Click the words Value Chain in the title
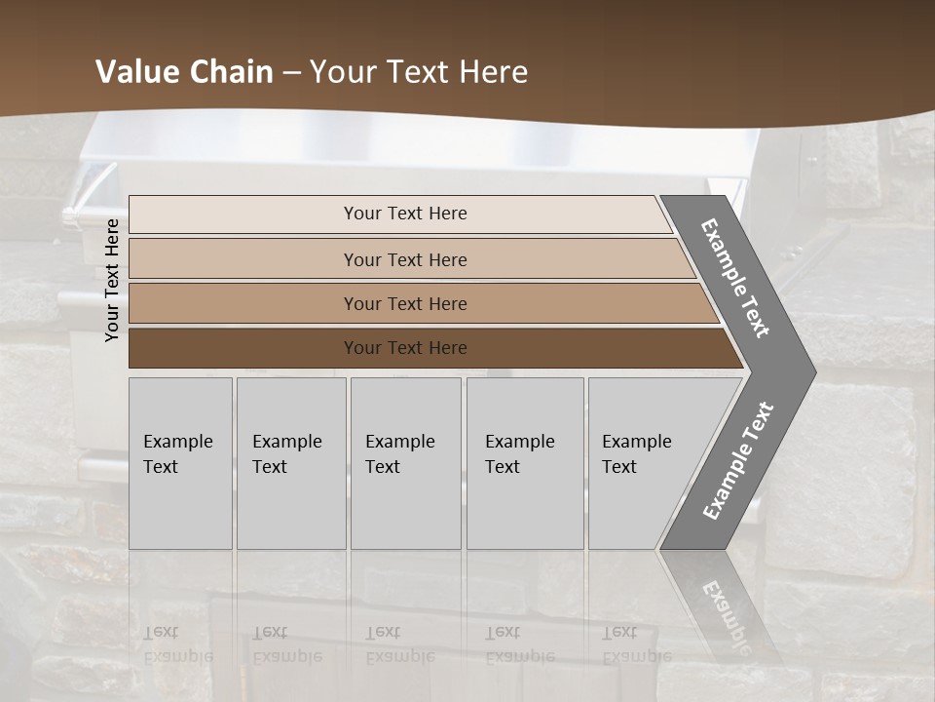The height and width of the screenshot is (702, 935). pyautogui.click(x=184, y=72)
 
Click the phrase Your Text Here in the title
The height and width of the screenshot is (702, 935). pyautogui.click(x=419, y=72)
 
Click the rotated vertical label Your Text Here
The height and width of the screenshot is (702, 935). pyautogui.click(x=112, y=280)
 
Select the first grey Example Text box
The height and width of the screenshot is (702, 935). pyautogui.click(x=180, y=463)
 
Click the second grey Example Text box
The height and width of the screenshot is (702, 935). pyautogui.click(x=290, y=463)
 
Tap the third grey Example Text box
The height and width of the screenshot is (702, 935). pyautogui.click(x=405, y=463)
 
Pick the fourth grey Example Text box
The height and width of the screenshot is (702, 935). pyautogui.click(x=524, y=463)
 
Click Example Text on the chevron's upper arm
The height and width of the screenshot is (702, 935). pyautogui.click(x=735, y=278)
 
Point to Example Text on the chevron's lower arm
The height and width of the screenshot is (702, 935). pyautogui.click(x=738, y=461)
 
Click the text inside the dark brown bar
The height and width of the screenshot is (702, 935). pyautogui.click(x=405, y=348)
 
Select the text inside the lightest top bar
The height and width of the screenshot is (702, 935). pyautogui.click(x=405, y=214)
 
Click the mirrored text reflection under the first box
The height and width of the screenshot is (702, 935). pyautogui.click(x=177, y=644)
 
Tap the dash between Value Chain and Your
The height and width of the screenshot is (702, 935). pyautogui.click(x=291, y=73)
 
